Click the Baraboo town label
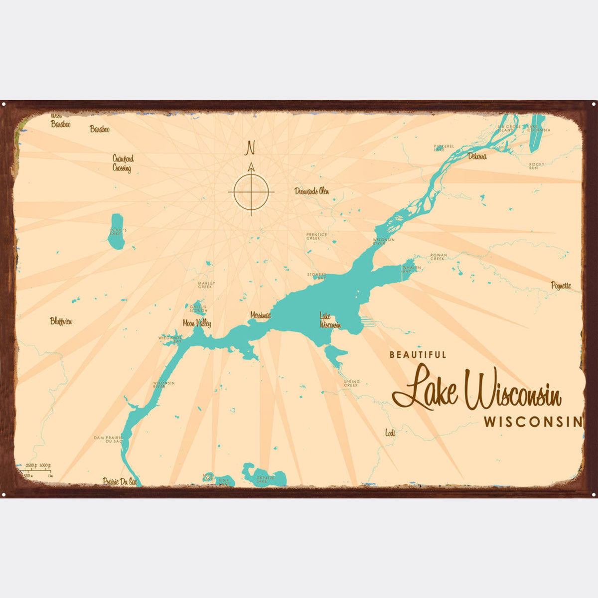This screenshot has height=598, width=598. [99, 129]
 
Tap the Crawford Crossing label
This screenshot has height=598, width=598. [123, 163]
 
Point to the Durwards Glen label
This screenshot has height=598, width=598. [311, 191]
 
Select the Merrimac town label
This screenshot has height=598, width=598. [261, 315]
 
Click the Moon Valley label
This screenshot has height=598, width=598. [197, 323]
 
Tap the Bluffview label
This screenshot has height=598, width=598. [61, 321]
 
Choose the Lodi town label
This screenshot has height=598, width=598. [390, 433]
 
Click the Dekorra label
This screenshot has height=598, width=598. [477, 156]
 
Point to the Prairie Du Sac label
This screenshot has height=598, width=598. [120, 481]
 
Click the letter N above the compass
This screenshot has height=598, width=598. [251, 148]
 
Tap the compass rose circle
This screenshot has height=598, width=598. [251, 192]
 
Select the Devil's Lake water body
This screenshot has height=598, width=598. [116, 232]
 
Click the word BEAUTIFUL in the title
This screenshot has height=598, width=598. [418, 355]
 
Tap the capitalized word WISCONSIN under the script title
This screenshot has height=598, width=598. [533, 422]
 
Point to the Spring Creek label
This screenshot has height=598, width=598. [351, 383]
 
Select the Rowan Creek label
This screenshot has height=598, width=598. [438, 257]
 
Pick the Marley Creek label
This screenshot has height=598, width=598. [205, 285]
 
